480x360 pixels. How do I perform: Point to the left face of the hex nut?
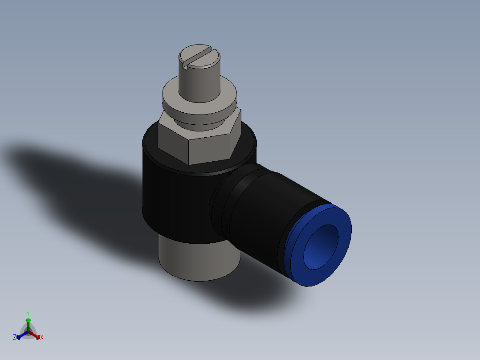point(173,142)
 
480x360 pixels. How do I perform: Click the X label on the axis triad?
point(42,338)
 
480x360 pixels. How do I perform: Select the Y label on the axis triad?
point(28,313)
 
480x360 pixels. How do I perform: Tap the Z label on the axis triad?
point(15,337)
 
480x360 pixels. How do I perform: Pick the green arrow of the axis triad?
point(28,323)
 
